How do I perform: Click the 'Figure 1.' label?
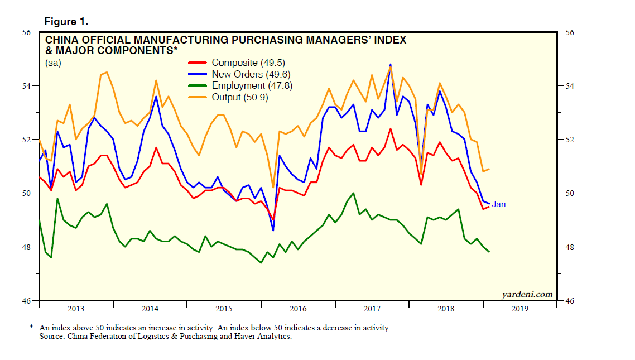click(x=66, y=22)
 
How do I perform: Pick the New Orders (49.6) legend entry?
click(x=251, y=74)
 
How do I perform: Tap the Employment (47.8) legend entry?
click(x=252, y=85)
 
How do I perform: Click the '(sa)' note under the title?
click(x=53, y=63)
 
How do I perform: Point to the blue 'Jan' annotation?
click(x=498, y=204)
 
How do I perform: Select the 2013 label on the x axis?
click(x=76, y=309)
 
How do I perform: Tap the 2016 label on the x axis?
click(x=298, y=309)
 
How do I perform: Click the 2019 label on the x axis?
click(x=520, y=309)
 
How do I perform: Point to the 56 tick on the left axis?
click(x=27, y=32)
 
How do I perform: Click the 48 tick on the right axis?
click(x=570, y=247)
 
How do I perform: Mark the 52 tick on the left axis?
click(x=27, y=140)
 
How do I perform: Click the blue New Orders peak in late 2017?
click(x=391, y=64)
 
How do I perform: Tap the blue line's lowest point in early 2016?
click(x=273, y=230)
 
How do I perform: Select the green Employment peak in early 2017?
click(x=353, y=193)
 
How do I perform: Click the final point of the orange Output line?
click(x=489, y=169)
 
